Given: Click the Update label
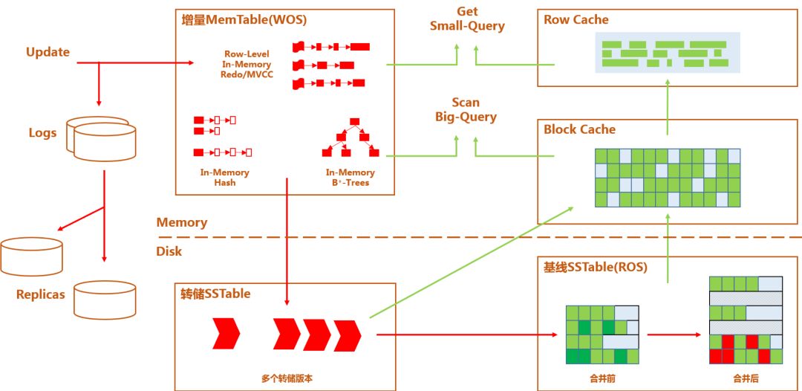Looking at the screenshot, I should [x=48, y=52].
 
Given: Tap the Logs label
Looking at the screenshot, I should [x=42, y=133].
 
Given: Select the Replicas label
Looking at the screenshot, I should [x=41, y=294].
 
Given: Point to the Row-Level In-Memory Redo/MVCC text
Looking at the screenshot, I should [x=247, y=65].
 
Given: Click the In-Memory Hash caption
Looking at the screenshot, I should [x=224, y=177].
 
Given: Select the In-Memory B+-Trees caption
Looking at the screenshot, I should [x=350, y=177].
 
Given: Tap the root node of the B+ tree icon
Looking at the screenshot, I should [x=355, y=121].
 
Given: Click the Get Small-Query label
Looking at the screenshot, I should [x=467, y=19].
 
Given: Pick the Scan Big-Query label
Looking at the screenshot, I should [x=466, y=109].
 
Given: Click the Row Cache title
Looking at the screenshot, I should [x=576, y=20].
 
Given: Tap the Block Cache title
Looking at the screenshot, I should [x=579, y=129].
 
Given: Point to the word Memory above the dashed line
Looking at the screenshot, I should [x=182, y=222].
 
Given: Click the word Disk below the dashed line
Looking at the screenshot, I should [x=169, y=251].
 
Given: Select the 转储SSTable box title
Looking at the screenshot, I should [x=215, y=294].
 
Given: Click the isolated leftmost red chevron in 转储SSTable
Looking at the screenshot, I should [x=226, y=334].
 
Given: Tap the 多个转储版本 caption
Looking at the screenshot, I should [x=287, y=378].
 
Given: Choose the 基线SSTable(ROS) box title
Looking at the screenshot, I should [x=596, y=267].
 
